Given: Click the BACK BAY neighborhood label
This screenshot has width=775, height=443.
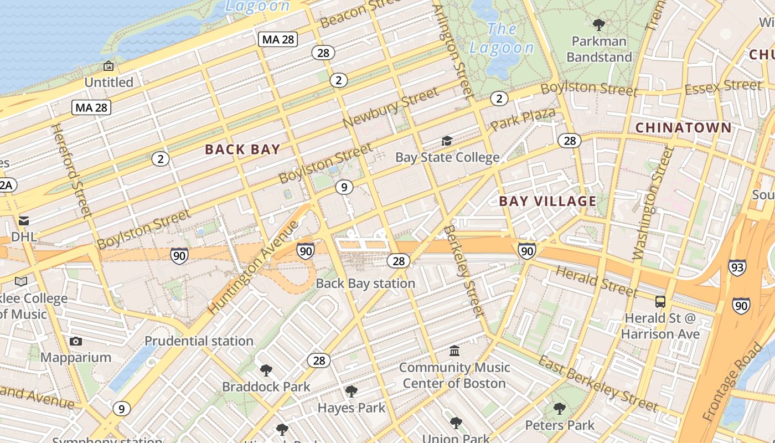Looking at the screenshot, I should click(242, 149).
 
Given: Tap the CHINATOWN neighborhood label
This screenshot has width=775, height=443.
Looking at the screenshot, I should click(683, 128).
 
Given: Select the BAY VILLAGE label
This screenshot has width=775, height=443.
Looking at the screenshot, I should click(547, 201).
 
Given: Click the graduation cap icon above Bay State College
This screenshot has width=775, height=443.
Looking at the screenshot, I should click(447, 141).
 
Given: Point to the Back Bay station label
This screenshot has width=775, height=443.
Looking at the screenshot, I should click(365, 284).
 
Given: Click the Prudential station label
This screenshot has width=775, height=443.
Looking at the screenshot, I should click(199, 341).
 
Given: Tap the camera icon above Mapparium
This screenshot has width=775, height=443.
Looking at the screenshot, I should click(76, 341).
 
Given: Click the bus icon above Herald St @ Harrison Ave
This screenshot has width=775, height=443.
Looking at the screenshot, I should click(660, 302).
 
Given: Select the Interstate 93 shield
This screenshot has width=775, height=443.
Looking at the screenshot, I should click(737, 267).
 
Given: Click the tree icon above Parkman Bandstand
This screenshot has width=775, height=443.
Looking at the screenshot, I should click(598, 24).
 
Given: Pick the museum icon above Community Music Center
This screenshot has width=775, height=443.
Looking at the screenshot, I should click(454, 351).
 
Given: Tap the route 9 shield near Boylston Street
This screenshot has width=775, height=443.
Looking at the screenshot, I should click(344, 187).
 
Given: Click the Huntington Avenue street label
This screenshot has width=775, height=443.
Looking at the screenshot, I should click(254, 267).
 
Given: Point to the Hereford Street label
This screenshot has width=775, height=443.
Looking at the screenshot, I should click(70, 169).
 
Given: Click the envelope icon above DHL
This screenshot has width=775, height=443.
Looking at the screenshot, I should click(24, 221).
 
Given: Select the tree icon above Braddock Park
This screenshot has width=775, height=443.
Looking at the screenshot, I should click(266, 370).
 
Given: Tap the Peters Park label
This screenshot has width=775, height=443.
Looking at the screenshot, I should click(560, 425).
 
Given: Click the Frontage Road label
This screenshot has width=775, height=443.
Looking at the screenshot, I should click(731, 382).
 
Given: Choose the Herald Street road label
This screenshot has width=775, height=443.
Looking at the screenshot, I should click(596, 281).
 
